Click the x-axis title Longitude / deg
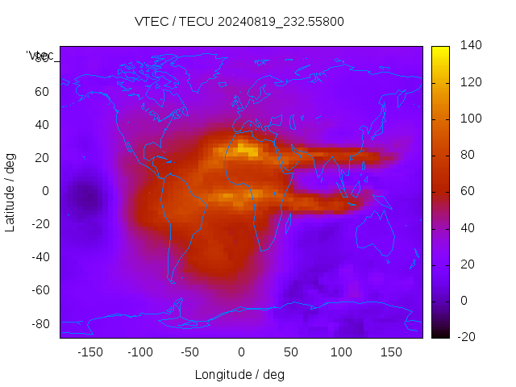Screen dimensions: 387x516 (x=239, y=374)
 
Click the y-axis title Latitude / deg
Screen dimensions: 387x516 (x=10, y=191)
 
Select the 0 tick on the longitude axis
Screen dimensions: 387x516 (x=240, y=352)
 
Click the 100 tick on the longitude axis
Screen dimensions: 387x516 (x=341, y=352)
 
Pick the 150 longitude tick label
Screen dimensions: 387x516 (x=391, y=352)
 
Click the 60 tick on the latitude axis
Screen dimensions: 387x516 (x=42, y=91)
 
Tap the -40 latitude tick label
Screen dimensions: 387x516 (x=39, y=257)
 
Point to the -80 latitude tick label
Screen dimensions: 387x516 (x=39, y=323)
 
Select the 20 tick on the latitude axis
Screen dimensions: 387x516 (x=42, y=158)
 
